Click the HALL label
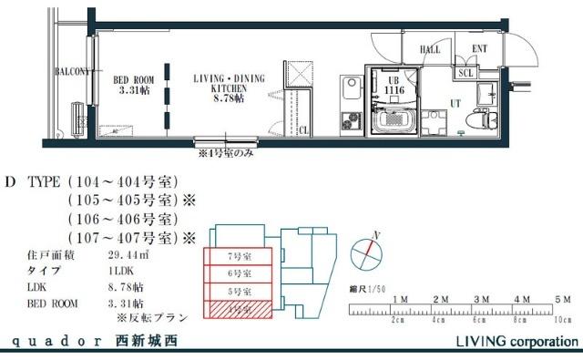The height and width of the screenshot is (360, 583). click(x=429, y=50)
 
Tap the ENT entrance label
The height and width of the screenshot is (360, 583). click(x=479, y=50)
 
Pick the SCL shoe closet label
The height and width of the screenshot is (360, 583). click(x=465, y=72)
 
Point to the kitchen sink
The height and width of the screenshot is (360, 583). click(x=350, y=89)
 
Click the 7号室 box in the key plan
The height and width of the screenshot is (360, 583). click(x=238, y=256)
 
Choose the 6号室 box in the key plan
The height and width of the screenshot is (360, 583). click(x=238, y=273)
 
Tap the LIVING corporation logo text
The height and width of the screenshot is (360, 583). click(x=516, y=343)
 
